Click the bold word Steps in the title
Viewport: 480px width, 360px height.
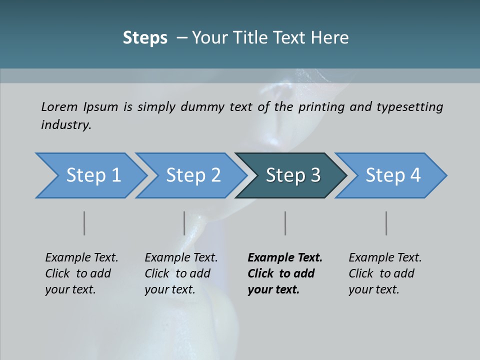(x=145, y=38)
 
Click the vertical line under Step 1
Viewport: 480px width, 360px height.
(x=84, y=223)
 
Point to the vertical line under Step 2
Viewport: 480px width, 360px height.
(x=184, y=223)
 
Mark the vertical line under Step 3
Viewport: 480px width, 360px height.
(x=285, y=223)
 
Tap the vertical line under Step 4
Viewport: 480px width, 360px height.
(x=386, y=223)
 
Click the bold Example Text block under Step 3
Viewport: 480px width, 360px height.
(x=284, y=273)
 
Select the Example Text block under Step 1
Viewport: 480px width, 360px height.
(x=81, y=273)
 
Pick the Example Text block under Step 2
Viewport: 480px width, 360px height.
(x=181, y=273)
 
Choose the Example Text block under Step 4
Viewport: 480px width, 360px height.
(x=385, y=273)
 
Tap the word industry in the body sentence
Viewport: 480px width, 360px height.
(x=65, y=125)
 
